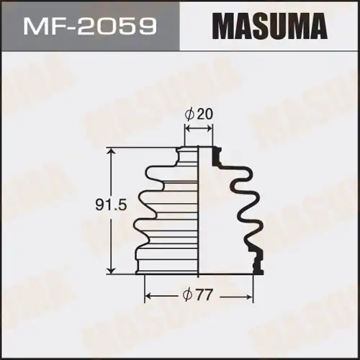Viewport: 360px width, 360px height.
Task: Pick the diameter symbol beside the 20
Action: (189, 114)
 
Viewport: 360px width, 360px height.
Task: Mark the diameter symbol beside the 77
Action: (188, 294)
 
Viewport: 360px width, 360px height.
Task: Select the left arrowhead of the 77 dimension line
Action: (148, 295)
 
